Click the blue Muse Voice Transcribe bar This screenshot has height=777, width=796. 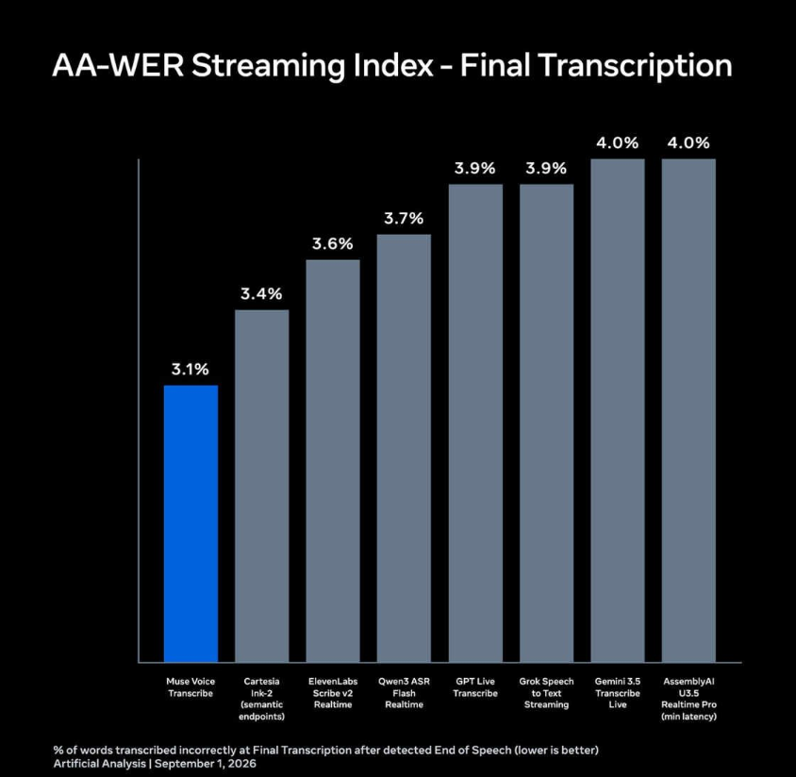tap(191, 523)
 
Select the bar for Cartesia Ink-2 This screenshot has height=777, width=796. tap(262, 487)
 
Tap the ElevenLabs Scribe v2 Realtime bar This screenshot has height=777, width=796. tap(333, 461)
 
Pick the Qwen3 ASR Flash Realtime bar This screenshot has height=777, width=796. tap(404, 448)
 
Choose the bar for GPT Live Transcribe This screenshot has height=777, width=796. tap(475, 423)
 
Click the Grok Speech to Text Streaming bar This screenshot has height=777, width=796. tap(547, 423)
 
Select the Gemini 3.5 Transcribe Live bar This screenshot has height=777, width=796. tap(618, 410)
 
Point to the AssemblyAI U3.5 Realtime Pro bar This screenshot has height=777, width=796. tap(688, 410)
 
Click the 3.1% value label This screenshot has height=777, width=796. tap(191, 369)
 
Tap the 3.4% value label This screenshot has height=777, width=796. tap(261, 294)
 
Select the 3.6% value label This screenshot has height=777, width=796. tap(333, 243)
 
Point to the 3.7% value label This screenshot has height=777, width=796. tap(404, 218)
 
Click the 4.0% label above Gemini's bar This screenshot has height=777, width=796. tap(618, 143)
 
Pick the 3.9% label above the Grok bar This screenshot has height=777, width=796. tap(546, 168)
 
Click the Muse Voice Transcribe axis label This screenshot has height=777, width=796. tap(191, 687)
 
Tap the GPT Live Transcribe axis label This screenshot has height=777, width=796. tap(475, 687)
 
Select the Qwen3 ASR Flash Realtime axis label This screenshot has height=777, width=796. tap(404, 693)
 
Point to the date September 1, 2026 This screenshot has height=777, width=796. tap(206, 764)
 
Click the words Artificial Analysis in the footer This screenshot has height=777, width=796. tap(100, 764)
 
